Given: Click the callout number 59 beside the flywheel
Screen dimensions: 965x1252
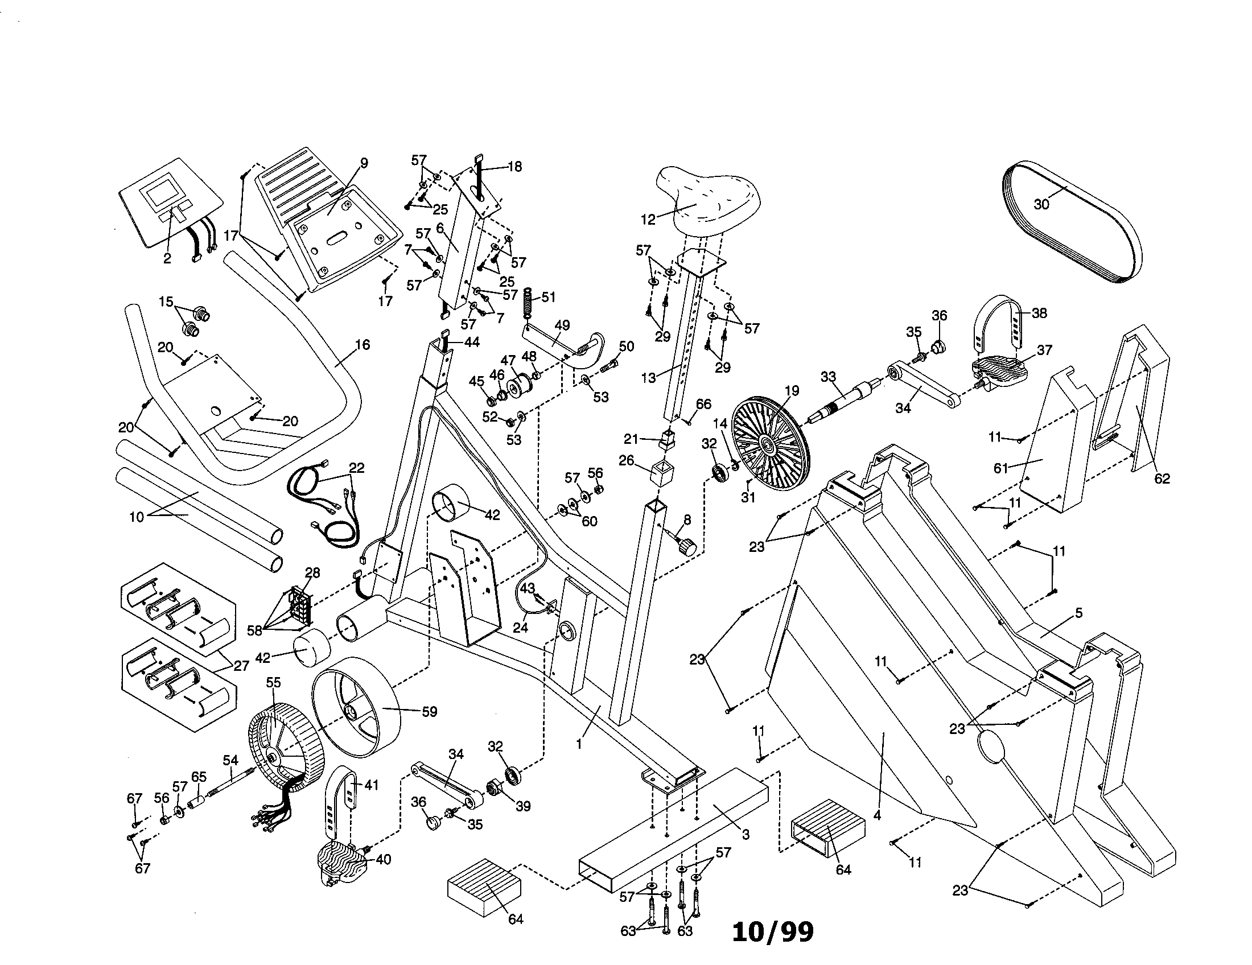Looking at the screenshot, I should [x=429, y=712].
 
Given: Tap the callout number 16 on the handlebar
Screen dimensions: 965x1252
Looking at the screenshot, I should [x=363, y=344].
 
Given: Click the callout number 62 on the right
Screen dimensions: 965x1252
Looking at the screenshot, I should [x=1162, y=479].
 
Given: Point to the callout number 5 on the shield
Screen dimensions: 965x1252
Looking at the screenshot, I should [x=1078, y=613].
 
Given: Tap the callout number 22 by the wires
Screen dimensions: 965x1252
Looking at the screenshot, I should [x=357, y=468].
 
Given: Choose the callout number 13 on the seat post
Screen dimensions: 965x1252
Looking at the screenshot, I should [x=648, y=379].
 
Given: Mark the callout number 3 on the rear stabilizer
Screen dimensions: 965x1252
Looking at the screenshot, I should [x=746, y=835].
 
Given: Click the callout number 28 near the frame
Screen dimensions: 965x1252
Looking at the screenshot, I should [x=312, y=572].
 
